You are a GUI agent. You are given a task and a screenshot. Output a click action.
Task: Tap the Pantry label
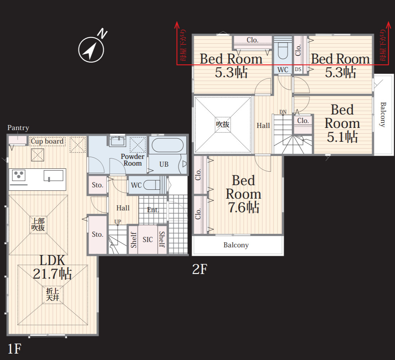pyautogui.click(x=18, y=128)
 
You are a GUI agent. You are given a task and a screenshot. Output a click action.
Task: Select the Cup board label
pyautogui.click(x=47, y=141)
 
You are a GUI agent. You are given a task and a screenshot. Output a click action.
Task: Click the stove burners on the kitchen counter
pyautogui.click(x=18, y=175)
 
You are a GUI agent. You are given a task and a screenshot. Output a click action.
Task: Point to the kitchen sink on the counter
pyautogui.click(x=53, y=176)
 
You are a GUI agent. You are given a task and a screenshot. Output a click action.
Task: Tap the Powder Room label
pyautogui.click(x=132, y=160)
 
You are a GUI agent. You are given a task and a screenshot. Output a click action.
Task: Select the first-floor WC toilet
pyautogui.click(x=152, y=185)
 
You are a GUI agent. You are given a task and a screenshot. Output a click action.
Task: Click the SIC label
pyautogui.click(x=148, y=240)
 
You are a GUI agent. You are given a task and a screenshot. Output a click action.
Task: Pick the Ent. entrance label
pyautogui.click(x=153, y=210)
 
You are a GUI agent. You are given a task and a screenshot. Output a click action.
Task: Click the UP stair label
pyautogui.click(x=118, y=222)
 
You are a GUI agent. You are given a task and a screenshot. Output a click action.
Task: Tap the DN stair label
pyautogui.click(x=283, y=112)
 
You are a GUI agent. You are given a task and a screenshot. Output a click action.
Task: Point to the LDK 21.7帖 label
pyautogui.click(x=53, y=267)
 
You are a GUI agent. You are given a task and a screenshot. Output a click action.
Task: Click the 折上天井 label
pyautogui.click(x=53, y=294)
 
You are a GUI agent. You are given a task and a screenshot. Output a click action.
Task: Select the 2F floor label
pyautogui.click(x=200, y=269)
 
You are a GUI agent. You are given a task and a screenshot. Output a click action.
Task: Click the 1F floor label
pyautogui.click(x=14, y=349)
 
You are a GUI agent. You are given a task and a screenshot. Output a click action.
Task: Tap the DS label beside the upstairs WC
pyautogui.click(x=298, y=69)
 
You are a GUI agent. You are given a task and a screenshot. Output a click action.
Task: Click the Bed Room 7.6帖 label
pyautogui.click(x=243, y=194)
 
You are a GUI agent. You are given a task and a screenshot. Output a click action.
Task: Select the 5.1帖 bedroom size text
pyautogui.click(x=342, y=137)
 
